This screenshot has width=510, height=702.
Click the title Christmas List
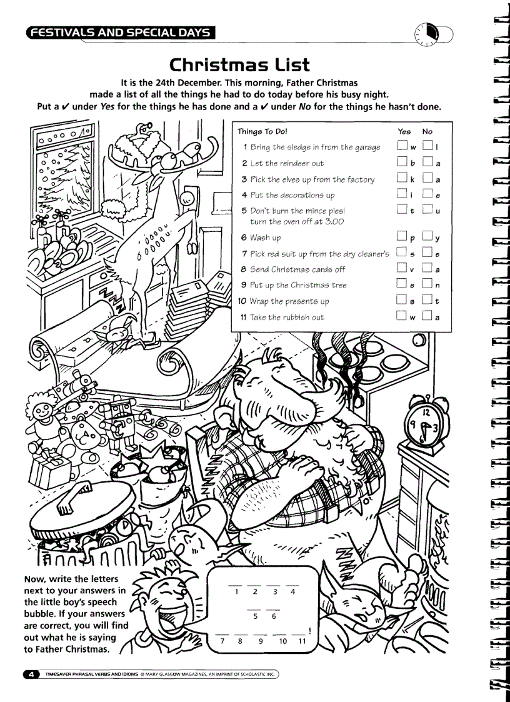[x=240, y=65]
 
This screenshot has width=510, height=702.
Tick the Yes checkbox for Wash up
[x=401, y=238]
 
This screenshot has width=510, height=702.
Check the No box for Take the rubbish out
[x=427, y=317]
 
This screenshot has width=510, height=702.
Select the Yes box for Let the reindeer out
[x=401, y=163]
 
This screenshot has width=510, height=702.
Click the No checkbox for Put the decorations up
[x=427, y=195]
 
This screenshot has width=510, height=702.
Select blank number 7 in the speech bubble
[x=222, y=632]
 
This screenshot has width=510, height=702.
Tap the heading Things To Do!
[x=262, y=131]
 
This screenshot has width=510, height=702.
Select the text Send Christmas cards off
[x=297, y=269]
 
